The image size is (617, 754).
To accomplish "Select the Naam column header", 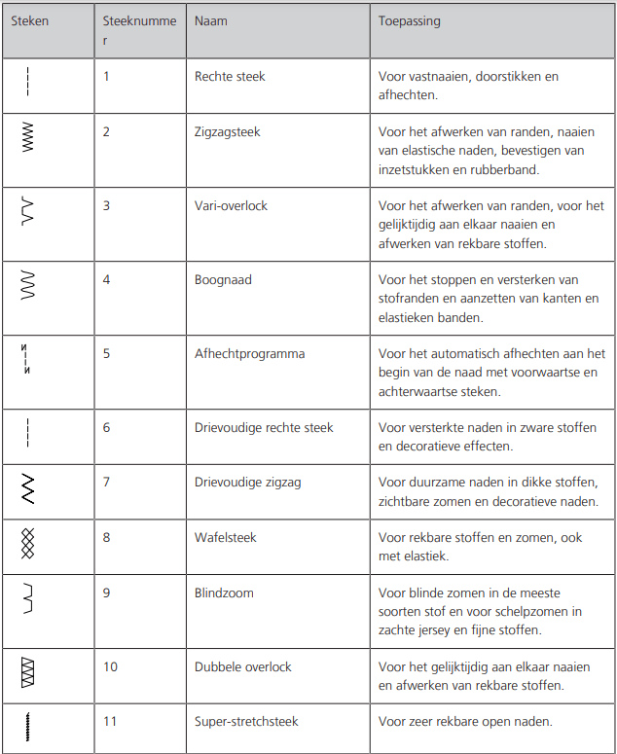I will click(x=211, y=20).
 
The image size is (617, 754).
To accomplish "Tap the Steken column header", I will click(x=29, y=20).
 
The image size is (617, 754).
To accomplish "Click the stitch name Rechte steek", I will click(x=230, y=76).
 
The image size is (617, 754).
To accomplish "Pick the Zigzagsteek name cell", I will click(x=228, y=132).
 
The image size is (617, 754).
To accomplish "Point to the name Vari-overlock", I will click(x=231, y=205).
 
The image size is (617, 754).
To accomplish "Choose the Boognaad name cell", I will click(x=223, y=279).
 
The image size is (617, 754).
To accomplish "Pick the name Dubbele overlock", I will click(x=242, y=666).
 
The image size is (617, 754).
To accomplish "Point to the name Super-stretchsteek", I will click(x=246, y=721).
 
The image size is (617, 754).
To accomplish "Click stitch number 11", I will click(x=110, y=721).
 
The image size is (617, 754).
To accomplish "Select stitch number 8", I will click(x=107, y=537).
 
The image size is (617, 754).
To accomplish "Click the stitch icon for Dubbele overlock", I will click(x=27, y=672).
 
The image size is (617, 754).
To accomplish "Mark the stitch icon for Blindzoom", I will click(x=27, y=598).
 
